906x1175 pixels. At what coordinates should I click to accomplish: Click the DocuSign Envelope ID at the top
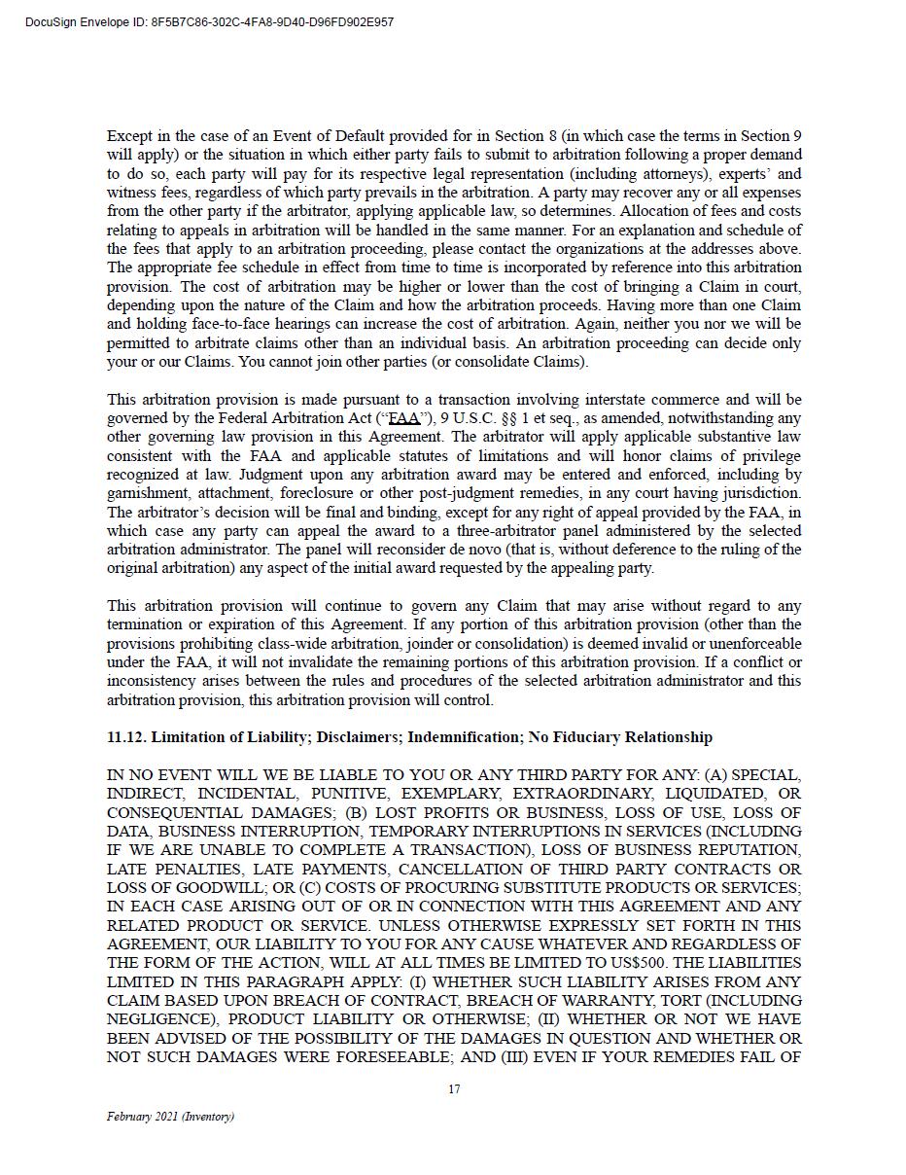[x=210, y=22]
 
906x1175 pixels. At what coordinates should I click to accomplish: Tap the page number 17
[x=454, y=1089]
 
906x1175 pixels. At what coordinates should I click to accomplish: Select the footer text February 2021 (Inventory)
[x=170, y=1117]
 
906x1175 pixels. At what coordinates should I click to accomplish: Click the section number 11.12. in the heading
[x=126, y=737]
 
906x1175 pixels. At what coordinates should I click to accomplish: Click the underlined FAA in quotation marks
[x=403, y=418]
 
